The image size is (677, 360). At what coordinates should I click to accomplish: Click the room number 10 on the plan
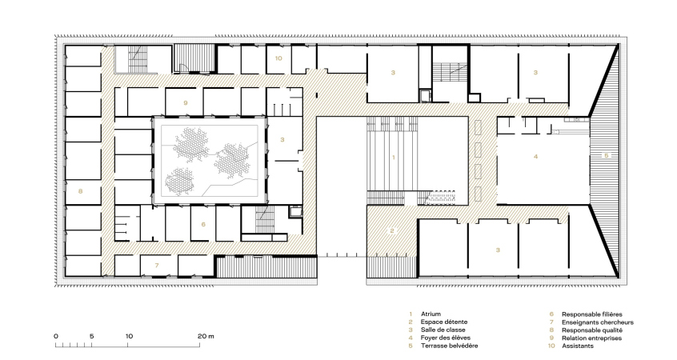coord(278,58)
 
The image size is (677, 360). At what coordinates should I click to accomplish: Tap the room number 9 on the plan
coord(186,102)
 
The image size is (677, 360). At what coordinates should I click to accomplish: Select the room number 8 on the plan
coord(80,191)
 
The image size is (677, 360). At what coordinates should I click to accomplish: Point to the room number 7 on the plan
coord(157,266)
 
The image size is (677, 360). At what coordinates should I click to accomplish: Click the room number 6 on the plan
coord(203,225)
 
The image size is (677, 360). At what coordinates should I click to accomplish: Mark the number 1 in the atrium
coord(394,158)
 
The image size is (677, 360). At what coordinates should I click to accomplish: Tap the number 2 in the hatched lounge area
coord(392,231)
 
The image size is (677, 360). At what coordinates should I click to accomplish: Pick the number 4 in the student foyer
coord(536,157)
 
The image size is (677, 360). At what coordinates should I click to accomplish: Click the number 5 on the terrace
coord(607,155)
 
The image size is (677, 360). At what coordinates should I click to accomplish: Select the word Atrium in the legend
coord(431,314)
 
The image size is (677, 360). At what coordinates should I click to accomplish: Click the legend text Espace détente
coord(444,322)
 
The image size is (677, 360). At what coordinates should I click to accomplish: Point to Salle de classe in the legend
coord(443,330)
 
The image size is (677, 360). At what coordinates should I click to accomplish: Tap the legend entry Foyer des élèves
coord(446,338)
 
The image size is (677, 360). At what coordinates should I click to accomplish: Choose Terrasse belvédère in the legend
coord(449,346)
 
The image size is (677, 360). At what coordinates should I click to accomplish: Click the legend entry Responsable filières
coord(592,314)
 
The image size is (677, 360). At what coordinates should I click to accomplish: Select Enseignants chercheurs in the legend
coord(598,322)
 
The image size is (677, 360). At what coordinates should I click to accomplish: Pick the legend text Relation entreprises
coord(591,338)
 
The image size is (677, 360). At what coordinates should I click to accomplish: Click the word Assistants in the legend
coord(577,346)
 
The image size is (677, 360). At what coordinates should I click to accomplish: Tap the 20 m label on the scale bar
coord(206,336)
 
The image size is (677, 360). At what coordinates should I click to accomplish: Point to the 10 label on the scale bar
coord(129,336)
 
